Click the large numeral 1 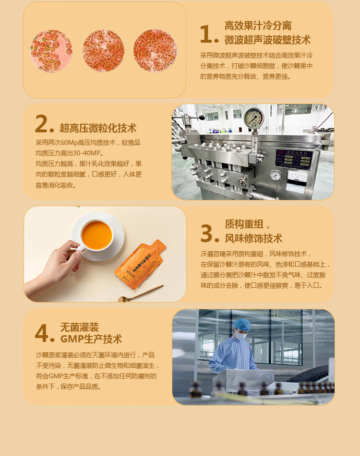pyautogui.click(x=206, y=34)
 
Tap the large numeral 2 pyautogui.click(x=41, y=123)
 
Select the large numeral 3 pyautogui.click(x=207, y=233)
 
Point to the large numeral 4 pyautogui.click(x=42, y=332)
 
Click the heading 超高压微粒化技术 pyautogui.click(x=98, y=128)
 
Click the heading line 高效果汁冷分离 pyautogui.click(x=258, y=25)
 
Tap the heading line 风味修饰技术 pyautogui.click(x=253, y=238)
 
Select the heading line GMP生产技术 pyautogui.click(x=91, y=339)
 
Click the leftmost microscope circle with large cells pyautogui.click(x=51, y=51)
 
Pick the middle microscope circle pyautogui.click(x=103, y=51)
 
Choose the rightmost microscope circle pyautogui.click(x=155, y=51)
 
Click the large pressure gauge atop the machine pyautogui.click(x=254, y=118)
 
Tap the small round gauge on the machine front pyautogui.click(x=276, y=176)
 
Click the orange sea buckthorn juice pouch pyautogui.click(x=140, y=264)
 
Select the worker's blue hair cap pyautogui.click(x=242, y=325)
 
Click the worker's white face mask pyautogui.click(x=241, y=336)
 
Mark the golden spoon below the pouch pyautogui.click(x=141, y=293)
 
